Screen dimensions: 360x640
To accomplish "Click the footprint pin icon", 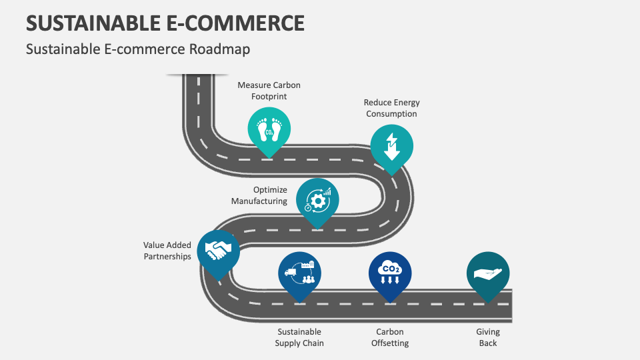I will [x=269, y=129].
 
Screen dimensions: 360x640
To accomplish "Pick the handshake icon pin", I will [x=218, y=251].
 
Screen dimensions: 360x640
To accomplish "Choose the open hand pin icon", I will [x=488, y=273].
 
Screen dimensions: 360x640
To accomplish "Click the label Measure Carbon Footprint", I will [x=269, y=91].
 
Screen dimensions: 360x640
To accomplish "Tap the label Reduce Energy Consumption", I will [x=391, y=108].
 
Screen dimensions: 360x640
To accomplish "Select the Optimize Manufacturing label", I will [x=260, y=195].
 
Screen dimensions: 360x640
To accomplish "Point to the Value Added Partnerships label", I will [x=167, y=251].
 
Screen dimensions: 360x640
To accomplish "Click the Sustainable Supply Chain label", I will [x=299, y=337].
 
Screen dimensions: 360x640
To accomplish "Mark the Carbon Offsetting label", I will [x=390, y=337].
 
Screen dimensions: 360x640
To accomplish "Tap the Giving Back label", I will [x=488, y=337].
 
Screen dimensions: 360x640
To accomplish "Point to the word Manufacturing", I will [x=260, y=201].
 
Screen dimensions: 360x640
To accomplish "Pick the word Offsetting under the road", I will [x=390, y=343].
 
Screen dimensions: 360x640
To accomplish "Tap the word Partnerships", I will [x=167, y=257].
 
